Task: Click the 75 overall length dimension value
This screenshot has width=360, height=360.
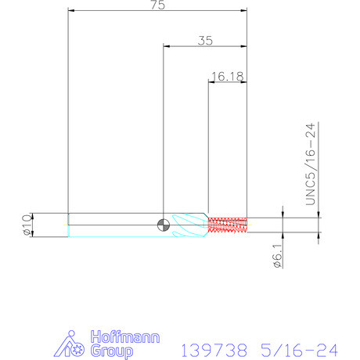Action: [x=158, y=5]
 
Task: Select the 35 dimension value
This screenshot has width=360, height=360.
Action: [x=205, y=41]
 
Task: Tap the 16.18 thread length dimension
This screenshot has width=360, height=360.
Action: [x=228, y=77]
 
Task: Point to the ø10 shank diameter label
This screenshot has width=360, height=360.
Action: [x=27, y=225]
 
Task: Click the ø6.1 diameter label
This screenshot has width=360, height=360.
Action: [x=277, y=256]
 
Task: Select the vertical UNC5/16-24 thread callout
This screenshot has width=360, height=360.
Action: [x=311, y=164]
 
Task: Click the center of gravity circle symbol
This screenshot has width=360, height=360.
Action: [x=164, y=225]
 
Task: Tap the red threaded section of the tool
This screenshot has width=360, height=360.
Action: [x=228, y=225]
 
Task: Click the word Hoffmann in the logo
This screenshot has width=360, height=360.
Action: [x=125, y=337]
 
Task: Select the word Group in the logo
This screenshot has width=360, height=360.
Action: [x=112, y=351]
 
